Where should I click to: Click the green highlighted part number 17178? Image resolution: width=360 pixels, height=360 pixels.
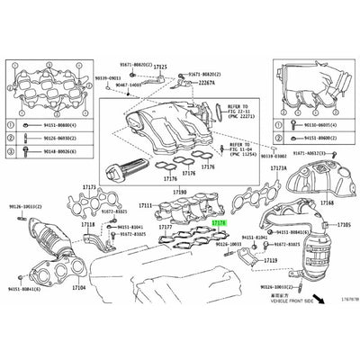[219, 220]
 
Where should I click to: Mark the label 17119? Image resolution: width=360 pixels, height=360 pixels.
[271, 258]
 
